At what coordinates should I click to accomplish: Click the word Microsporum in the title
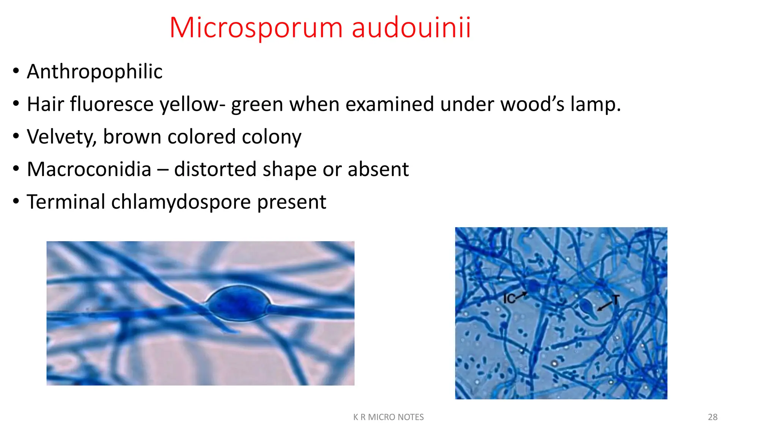tap(256, 28)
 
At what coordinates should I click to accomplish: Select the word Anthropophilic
tap(94, 72)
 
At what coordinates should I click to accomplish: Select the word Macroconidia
tap(89, 169)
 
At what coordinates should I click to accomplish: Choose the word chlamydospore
tap(181, 202)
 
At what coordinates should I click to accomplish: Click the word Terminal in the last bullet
tap(66, 202)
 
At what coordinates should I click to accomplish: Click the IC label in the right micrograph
tap(509, 299)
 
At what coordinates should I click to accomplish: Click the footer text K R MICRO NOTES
tap(388, 417)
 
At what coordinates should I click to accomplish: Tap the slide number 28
tap(713, 417)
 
